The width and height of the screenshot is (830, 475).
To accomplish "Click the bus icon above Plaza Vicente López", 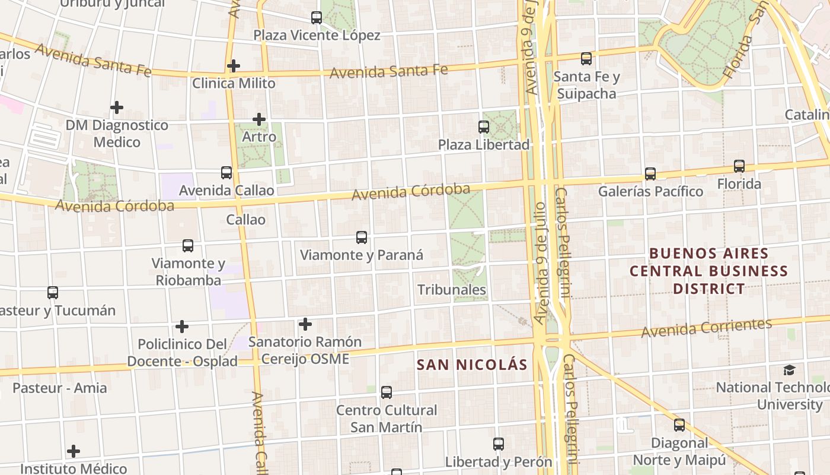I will (317, 18).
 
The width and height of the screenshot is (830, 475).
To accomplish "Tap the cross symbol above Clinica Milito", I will (234, 66).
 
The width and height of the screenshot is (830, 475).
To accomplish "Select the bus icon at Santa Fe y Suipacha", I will (586, 59).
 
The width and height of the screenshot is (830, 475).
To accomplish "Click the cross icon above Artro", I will (259, 119).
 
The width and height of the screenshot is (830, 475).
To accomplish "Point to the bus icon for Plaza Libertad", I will (484, 127).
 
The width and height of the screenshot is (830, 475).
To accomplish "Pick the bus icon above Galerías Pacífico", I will (650, 174).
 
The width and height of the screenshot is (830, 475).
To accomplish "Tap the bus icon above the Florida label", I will (739, 166).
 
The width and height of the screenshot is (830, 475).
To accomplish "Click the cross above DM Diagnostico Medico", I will (117, 107).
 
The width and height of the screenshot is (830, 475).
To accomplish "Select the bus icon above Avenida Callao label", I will (226, 173).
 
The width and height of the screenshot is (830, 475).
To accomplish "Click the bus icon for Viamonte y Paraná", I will (362, 237).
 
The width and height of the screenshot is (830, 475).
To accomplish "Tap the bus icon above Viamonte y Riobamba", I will (188, 246).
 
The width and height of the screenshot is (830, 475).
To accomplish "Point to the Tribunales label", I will (452, 290).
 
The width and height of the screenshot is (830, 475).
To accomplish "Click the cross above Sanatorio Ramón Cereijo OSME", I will (305, 324).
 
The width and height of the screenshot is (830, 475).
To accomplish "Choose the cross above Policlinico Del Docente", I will (182, 327).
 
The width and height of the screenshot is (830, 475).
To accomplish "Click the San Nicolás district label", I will (472, 365).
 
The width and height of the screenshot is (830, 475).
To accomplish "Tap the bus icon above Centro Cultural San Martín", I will (387, 392).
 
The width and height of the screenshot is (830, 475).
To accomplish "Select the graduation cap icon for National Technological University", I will (789, 370).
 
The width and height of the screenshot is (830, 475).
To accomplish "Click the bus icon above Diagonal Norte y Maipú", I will (679, 425).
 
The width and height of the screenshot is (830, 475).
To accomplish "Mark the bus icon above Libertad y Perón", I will (499, 444).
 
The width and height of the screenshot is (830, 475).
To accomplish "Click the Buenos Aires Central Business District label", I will (708, 271).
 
